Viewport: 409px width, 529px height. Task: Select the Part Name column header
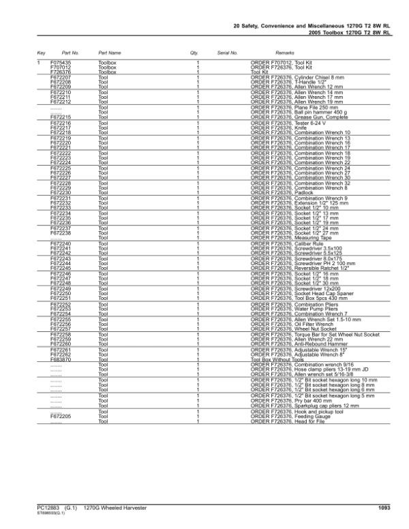110,52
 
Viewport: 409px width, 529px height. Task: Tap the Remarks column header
284,52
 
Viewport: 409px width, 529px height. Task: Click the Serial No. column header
227,52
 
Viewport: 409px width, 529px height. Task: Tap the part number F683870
61,359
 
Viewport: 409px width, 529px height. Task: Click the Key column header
41,52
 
